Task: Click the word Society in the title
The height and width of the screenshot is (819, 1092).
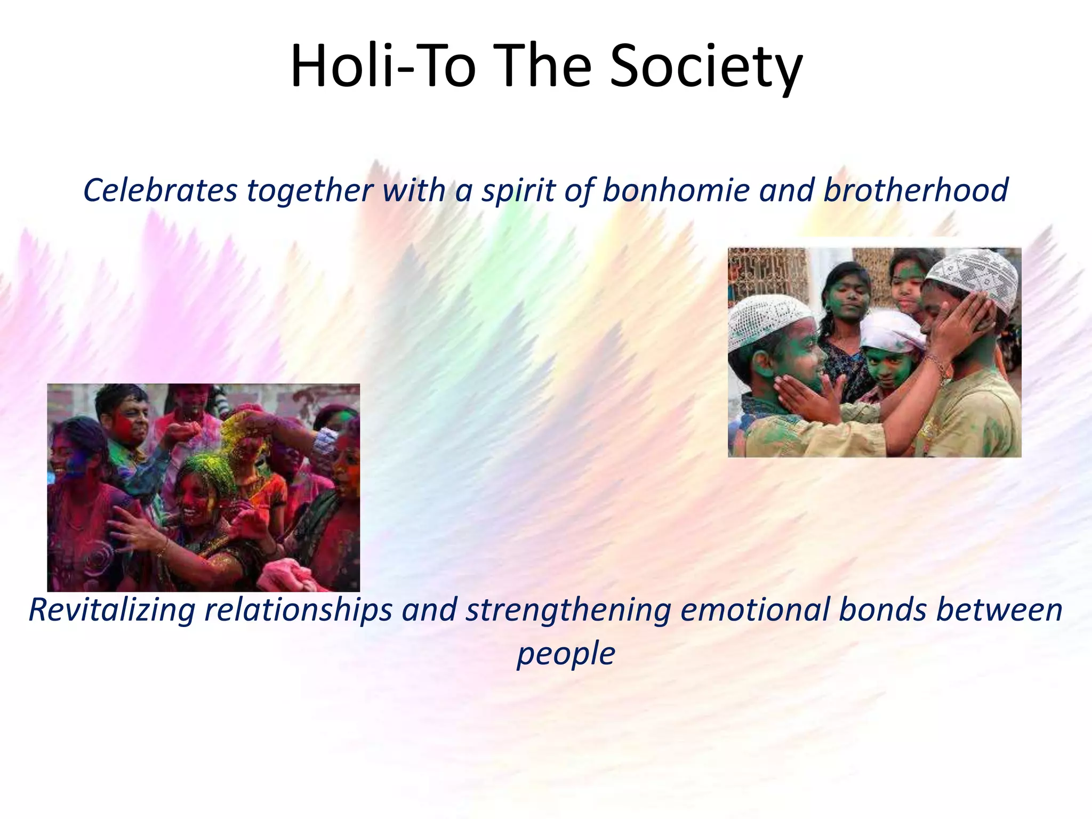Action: click(x=705, y=68)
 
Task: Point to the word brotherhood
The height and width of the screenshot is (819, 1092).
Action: click(x=916, y=190)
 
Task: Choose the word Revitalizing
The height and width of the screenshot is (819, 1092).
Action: click(x=111, y=610)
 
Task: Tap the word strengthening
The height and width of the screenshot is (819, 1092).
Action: click(x=568, y=611)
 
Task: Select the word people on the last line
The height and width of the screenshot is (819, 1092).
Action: click(x=566, y=654)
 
